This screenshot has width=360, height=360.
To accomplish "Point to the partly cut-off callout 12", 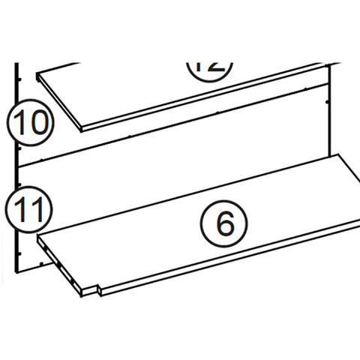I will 209,65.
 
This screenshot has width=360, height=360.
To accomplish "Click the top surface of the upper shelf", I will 150,86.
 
